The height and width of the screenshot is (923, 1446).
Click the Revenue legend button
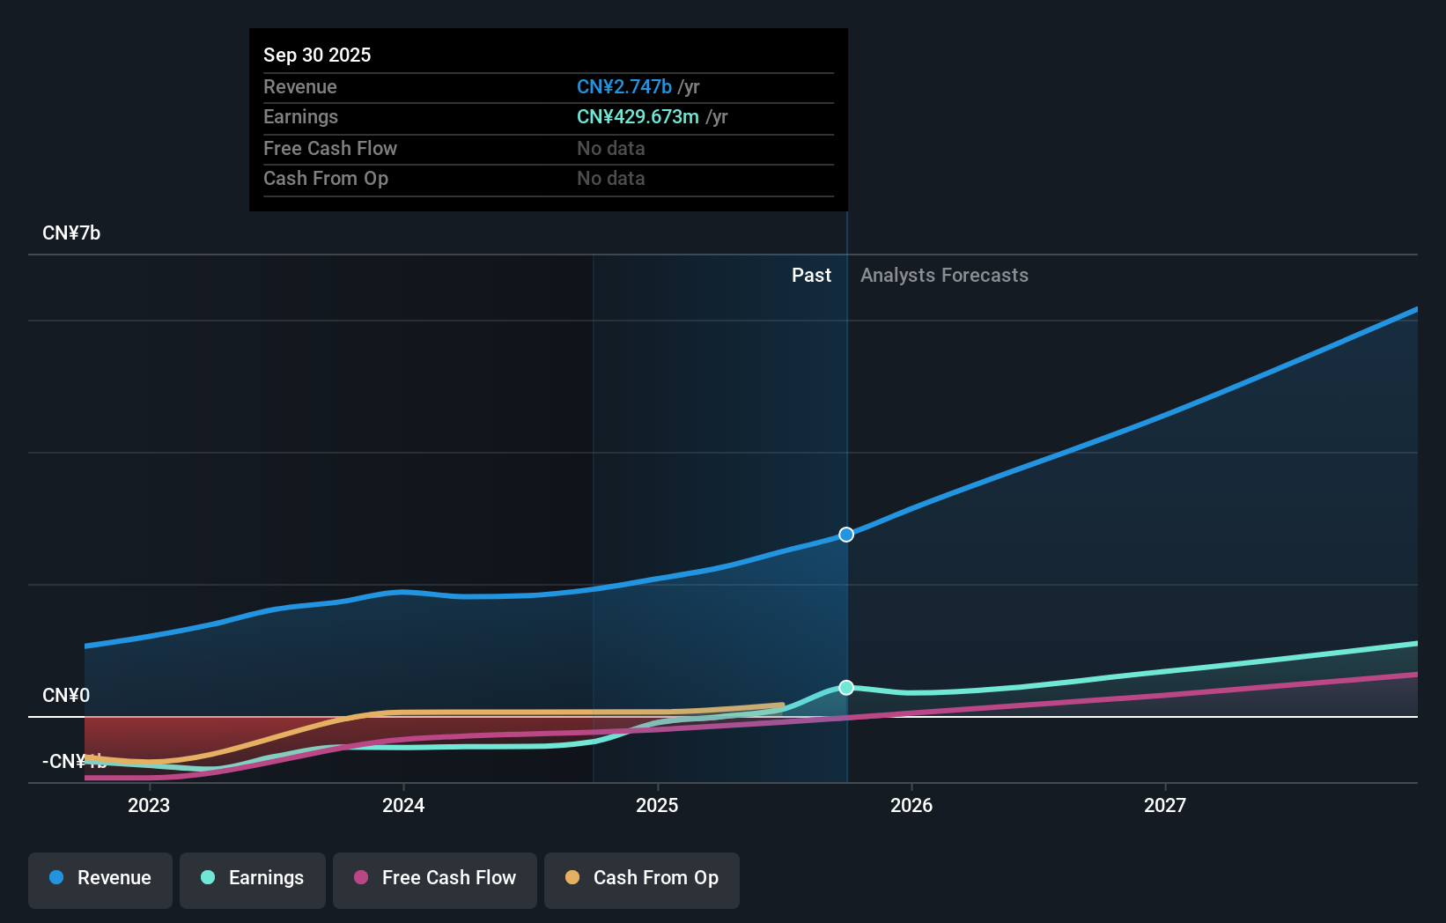pos(100,879)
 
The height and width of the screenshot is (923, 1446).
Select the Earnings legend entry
pos(253,879)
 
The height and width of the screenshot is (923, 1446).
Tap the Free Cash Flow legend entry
pos(435,879)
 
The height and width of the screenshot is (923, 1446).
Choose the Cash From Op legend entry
pos(642,879)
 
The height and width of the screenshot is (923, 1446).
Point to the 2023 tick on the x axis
pos(149,805)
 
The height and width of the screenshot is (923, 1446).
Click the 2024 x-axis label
pos(403,805)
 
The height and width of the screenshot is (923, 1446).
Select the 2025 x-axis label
pos(657,805)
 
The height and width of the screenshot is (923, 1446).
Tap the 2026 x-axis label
pos(911,805)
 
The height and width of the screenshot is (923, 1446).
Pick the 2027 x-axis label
pos(1165,805)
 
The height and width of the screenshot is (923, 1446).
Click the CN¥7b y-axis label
pos(71,233)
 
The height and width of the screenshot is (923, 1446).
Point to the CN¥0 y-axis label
pos(66,696)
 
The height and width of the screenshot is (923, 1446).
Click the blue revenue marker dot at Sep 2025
pos(846,535)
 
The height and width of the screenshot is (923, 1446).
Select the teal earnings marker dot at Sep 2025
pos(846,688)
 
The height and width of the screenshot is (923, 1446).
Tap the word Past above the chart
pos(811,276)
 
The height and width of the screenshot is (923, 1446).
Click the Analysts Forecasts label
pos(944,276)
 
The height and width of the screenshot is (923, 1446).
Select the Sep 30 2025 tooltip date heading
pos(317,55)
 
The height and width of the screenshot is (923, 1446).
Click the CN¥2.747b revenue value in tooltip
pos(624,87)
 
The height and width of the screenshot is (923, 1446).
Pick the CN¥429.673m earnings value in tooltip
pos(638,117)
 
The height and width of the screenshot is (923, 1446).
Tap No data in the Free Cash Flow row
pos(611,149)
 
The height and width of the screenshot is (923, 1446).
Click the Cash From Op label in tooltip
pos(326,179)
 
